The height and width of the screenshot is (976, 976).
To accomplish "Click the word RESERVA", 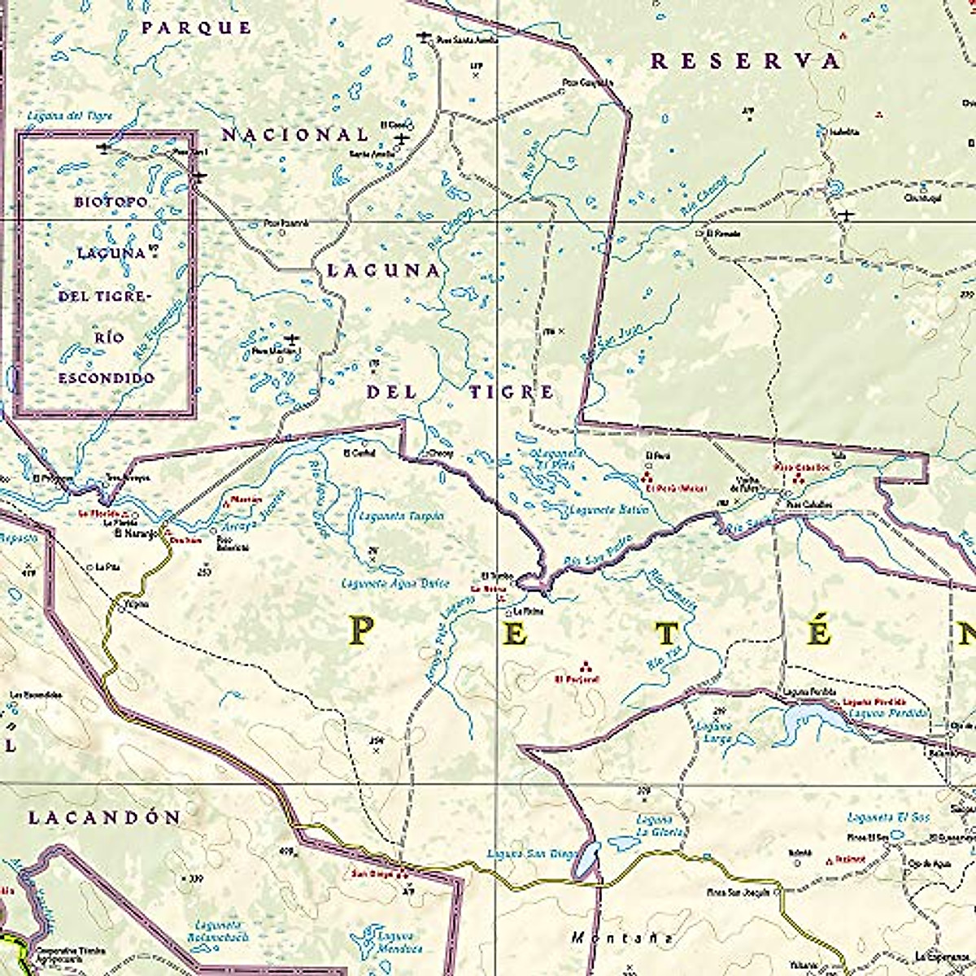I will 745,61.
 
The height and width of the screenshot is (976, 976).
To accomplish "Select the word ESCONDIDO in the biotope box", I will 106,378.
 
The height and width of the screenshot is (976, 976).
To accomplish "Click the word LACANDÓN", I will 104,817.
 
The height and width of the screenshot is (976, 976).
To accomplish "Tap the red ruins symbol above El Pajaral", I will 586,664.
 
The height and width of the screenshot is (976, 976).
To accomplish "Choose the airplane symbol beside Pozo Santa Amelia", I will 423,36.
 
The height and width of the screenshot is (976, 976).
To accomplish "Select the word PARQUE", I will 197,28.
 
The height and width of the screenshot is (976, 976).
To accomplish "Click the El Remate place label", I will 723,233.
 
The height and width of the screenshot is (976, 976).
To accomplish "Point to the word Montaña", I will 621,938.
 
